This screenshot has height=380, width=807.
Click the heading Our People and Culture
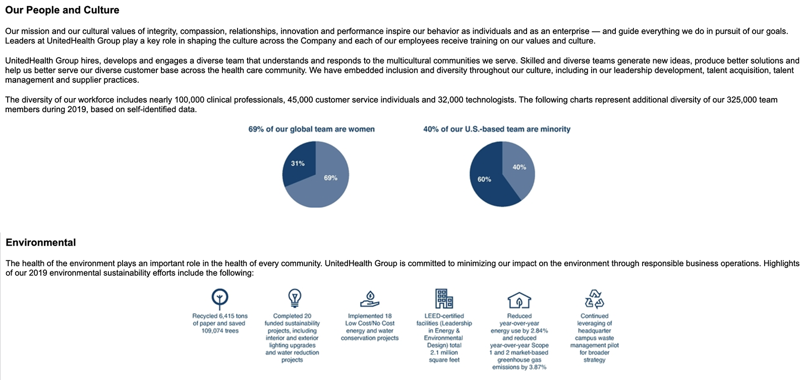(x=62, y=10)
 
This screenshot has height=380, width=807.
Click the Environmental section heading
(x=41, y=243)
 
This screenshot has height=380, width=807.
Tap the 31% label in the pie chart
(x=298, y=164)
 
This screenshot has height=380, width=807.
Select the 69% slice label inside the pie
(x=330, y=178)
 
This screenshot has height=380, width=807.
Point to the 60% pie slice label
(x=484, y=179)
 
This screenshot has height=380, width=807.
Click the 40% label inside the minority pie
(x=519, y=167)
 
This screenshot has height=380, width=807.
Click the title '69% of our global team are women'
(x=311, y=129)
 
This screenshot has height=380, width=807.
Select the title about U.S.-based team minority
(x=497, y=129)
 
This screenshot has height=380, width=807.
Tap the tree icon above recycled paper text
(x=220, y=299)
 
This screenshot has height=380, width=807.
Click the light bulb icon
(x=295, y=298)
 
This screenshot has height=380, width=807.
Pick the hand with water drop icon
(x=370, y=299)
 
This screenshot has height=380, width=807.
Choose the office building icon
(x=444, y=299)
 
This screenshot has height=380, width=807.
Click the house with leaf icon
(x=519, y=300)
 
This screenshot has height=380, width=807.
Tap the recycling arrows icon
(x=595, y=299)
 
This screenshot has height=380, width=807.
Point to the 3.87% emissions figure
(x=537, y=367)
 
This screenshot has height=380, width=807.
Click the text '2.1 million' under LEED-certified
(x=444, y=353)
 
